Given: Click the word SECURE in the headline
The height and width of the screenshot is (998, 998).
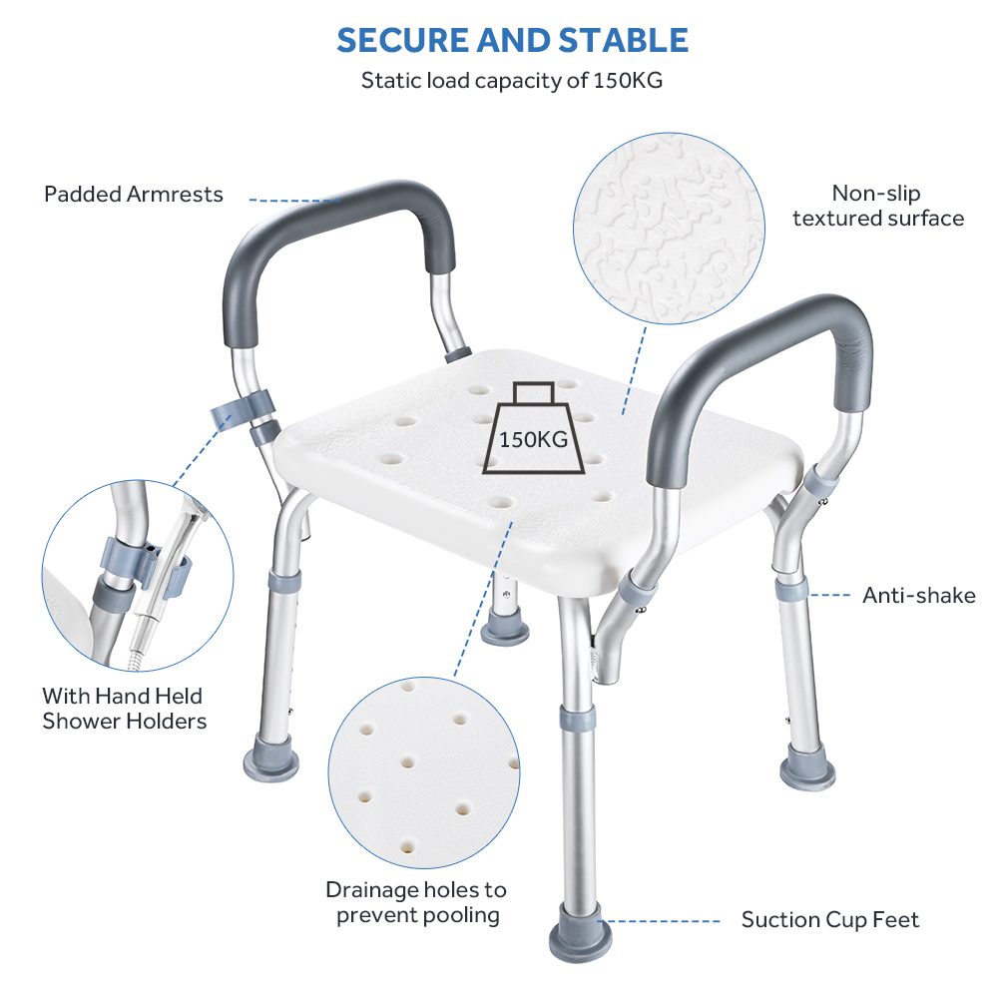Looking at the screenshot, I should (404, 40).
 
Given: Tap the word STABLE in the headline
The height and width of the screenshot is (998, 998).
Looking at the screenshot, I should (622, 40).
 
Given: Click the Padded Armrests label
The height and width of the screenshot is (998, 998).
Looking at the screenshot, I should (134, 194).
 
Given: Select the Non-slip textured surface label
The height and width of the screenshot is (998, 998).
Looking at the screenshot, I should (878, 206).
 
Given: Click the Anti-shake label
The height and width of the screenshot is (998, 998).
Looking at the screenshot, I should (918, 596).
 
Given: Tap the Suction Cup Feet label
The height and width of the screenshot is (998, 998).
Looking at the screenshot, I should (830, 920).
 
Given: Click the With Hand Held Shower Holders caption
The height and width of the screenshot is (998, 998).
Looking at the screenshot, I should (124, 709).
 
